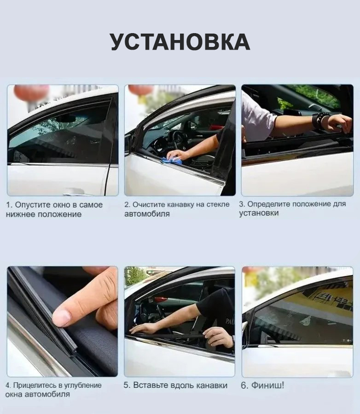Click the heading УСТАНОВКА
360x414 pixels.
pos(180,42)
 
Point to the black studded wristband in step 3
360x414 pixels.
pos(320,120)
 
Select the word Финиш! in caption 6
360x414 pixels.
pos(267,385)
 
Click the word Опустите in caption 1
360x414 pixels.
pos(33,205)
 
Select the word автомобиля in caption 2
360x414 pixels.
pos(147,214)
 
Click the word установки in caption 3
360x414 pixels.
pos(259,213)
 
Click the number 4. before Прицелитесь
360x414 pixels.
pos(8,385)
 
